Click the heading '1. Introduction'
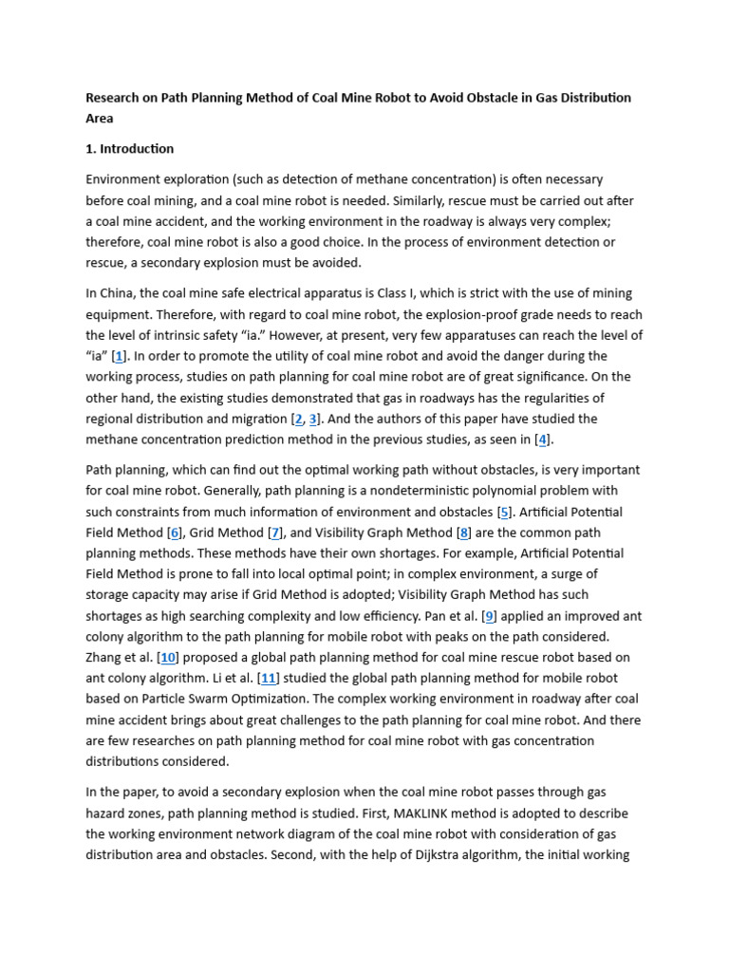(x=130, y=149)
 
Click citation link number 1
(x=120, y=356)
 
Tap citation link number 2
(x=297, y=419)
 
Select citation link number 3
(x=313, y=419)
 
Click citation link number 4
(x=542, y=439)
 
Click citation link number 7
(x=464, y=533)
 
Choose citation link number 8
(x=490, y=616)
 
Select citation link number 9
(x=168, y=658)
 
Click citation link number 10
(x=269, y=679)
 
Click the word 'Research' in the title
(x=114, y=98)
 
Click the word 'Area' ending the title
(x=100, y=119)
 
